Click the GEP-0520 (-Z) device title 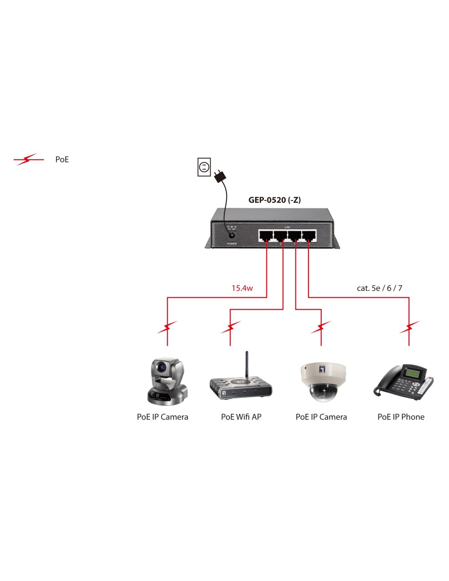coord(274,200)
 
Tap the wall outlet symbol coord(204,167)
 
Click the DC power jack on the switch coord(231,236)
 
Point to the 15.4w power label coord(242,288)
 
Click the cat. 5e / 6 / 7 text coord(379,288)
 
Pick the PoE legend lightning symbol coord(29,159)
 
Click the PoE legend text coord(62,159)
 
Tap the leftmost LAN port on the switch coord(265,236)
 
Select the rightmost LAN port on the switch coord(309,236)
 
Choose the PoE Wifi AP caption coord(241,417)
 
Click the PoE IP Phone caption coord(401,417)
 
